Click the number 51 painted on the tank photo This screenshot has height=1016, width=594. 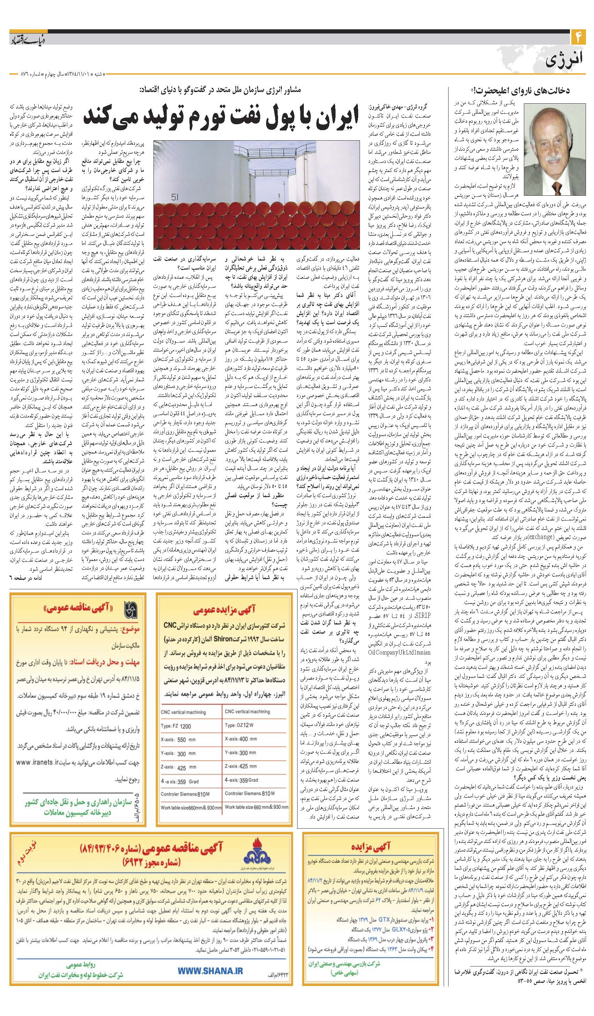coord(174,197)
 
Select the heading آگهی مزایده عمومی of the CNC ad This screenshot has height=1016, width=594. coord(224,611)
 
